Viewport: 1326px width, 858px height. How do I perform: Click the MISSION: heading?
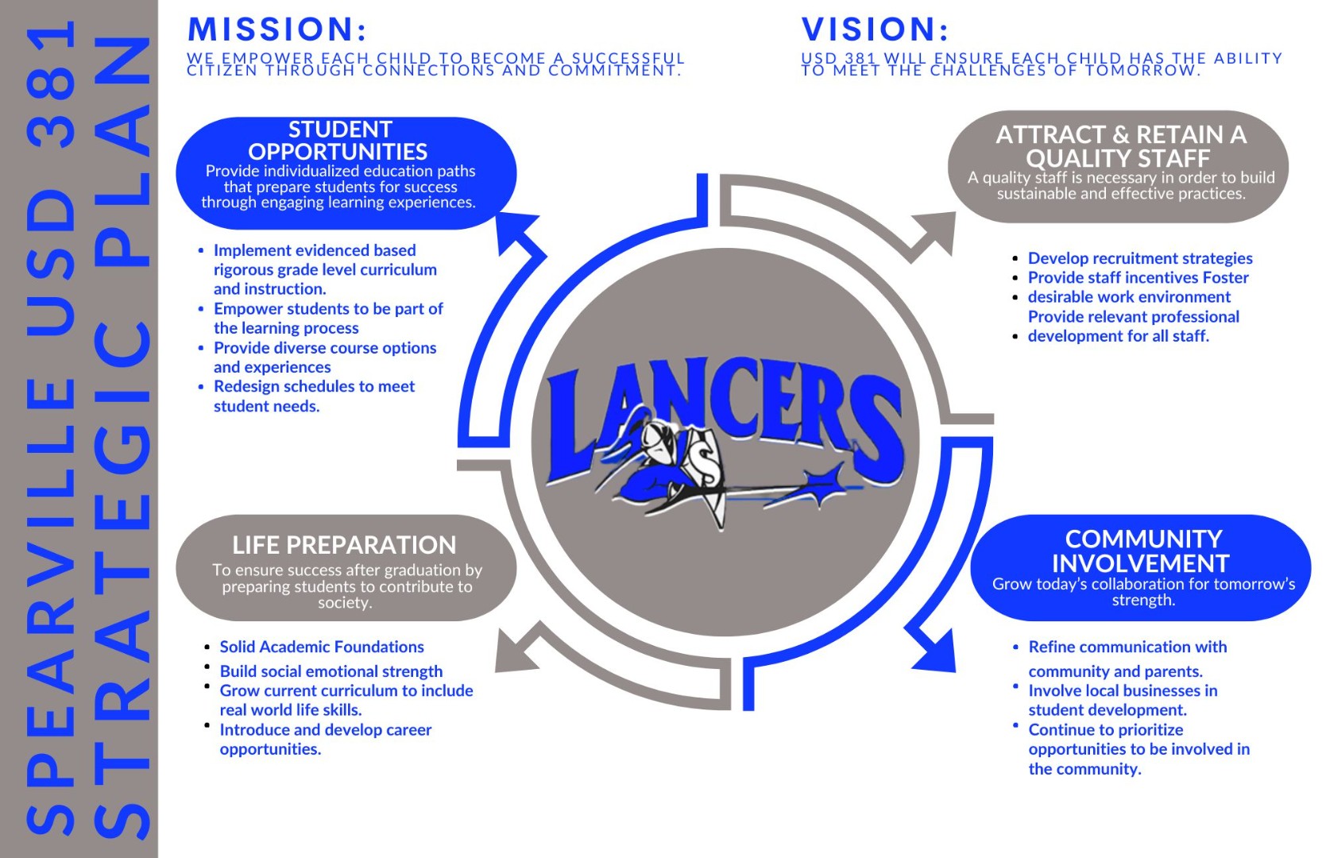tap(276, 29)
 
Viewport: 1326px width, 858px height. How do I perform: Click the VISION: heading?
tap(875, 29)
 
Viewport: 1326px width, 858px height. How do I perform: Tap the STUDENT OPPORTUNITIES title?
tap(339, 141)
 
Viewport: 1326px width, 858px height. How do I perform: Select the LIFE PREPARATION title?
tap(344, 545)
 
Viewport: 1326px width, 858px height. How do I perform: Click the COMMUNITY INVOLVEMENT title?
tap(1141, 551)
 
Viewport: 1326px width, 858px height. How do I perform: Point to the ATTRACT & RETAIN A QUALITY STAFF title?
tap(1120, 146)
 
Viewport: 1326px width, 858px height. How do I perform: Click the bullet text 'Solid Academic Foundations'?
tap(322, 647)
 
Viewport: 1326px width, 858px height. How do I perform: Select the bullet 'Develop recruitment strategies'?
tap(1140, 258)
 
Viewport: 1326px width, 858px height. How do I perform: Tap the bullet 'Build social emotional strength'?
tap(331, 671)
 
